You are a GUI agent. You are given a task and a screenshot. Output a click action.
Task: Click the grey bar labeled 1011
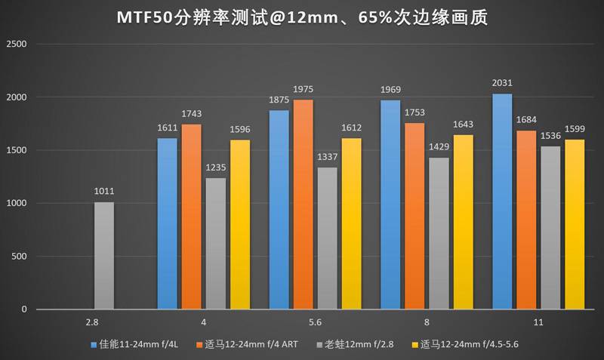[104, 256]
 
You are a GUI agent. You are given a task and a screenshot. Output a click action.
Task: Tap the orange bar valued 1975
[303, 205]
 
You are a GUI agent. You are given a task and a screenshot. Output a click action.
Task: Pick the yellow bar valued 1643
[461, 222]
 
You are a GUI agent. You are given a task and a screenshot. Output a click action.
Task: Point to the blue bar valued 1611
[167, 223]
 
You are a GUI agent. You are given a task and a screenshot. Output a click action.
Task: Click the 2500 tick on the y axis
[17, 45]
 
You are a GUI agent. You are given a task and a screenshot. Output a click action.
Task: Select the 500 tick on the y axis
[20, 257]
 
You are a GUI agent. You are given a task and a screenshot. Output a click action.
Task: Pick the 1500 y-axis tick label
[17, 150]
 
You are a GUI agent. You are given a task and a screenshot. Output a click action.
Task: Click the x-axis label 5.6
[316, 322]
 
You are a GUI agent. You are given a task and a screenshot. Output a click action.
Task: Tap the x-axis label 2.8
[92, 322]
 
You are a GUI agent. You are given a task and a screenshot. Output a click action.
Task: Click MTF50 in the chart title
[145, 17]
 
